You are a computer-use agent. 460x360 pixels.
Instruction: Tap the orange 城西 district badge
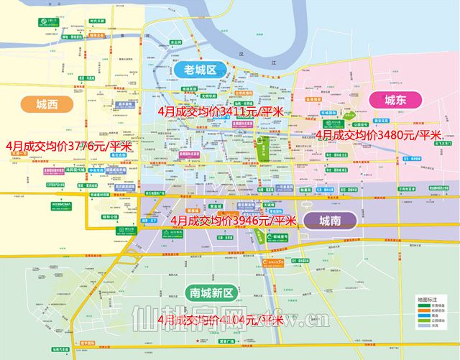click(47, 104)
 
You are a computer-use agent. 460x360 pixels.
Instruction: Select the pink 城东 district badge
click(395, 100)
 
